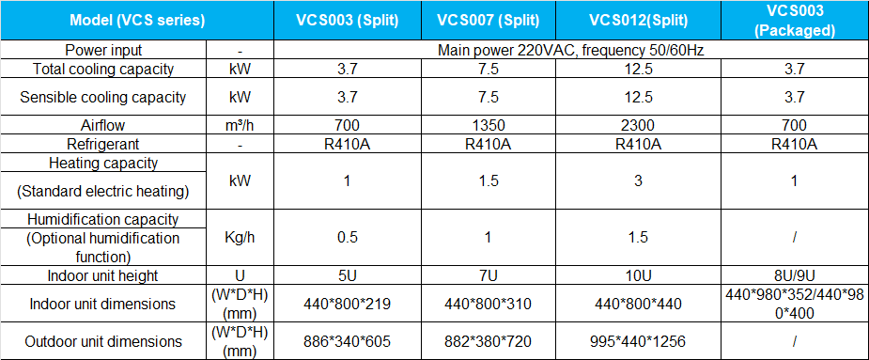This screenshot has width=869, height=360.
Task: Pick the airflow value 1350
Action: (x=488, y=125)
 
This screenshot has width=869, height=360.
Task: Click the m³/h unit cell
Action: (x=241, y=125)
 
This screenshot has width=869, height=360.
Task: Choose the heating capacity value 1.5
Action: (x=488, y=180)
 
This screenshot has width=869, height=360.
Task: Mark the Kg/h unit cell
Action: (x=241, y=237)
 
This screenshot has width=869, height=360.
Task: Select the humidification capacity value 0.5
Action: (x=347, y=237)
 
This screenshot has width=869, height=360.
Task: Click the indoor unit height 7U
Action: (x=488, y=275)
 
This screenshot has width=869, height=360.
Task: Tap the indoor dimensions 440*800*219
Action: (x=347, y=304)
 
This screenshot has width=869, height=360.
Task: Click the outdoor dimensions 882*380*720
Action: (x=488, y=341)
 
